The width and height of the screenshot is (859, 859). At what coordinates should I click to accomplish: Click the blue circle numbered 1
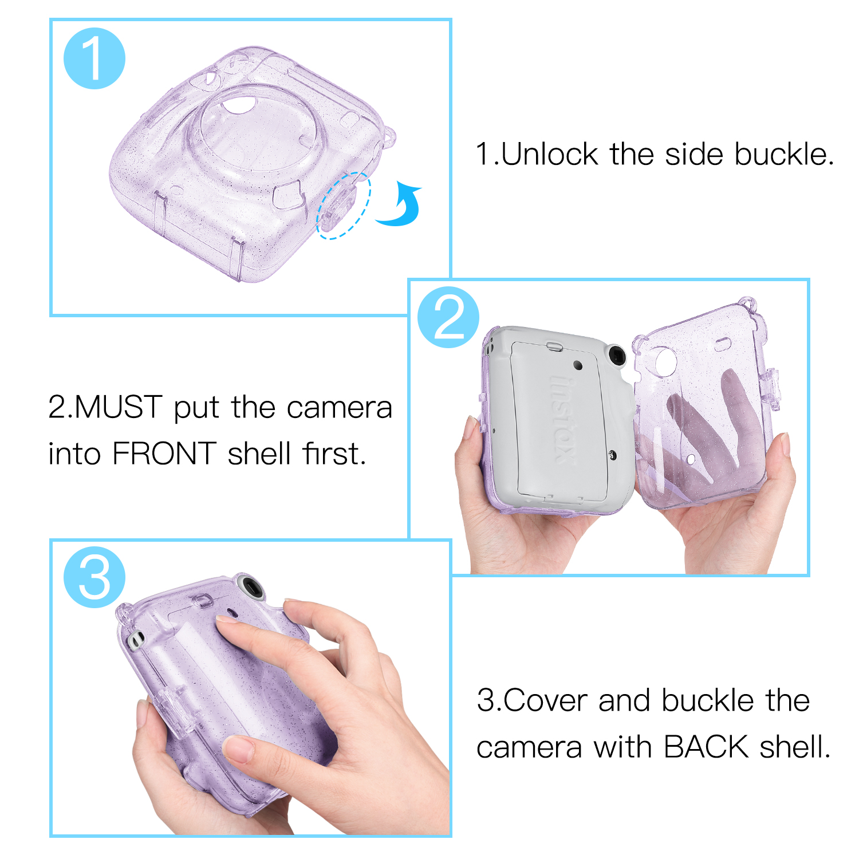[x=94, y=58]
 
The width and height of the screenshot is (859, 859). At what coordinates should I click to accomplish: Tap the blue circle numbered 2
[x=448, y=317]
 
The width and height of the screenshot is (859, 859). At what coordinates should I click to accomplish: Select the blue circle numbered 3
[x=94, y=577]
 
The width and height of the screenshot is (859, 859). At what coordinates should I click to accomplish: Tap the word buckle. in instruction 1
[x=785, y=154]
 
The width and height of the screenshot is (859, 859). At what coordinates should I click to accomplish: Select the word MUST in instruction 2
[x=119, y=407]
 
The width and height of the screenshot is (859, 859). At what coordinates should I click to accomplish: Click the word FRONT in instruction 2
[x=164, y=454]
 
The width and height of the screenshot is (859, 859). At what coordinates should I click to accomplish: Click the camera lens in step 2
[x=616, y=356]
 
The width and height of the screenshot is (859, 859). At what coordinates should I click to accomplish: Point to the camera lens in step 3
[x=251, y=587]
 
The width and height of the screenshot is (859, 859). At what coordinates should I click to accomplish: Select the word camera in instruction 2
[x=340, y=408]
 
